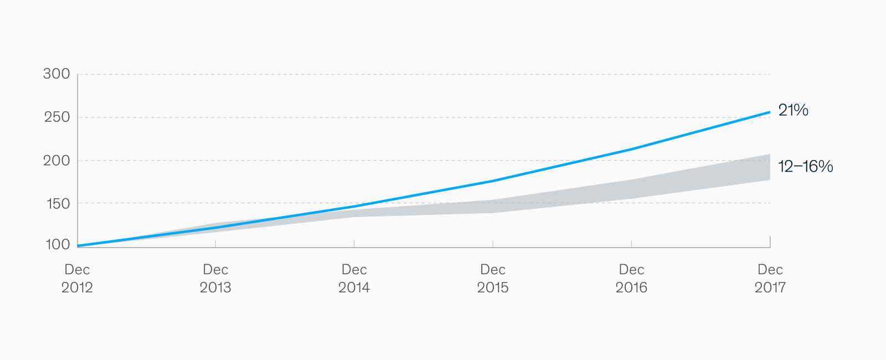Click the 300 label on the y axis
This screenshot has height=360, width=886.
(56, 74)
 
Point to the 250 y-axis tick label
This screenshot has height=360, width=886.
(57, 117)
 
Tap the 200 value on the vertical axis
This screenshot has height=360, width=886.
(56, 161)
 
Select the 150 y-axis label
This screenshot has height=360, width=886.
(58, 204)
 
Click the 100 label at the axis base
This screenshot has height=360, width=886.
(58, 244)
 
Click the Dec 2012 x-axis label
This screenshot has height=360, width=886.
(77, 279)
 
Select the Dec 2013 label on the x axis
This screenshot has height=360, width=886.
(215, 279)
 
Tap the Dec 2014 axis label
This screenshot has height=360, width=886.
(354, 279)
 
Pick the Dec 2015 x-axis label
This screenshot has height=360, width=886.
(493, 279)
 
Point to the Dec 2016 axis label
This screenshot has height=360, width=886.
(631, 279)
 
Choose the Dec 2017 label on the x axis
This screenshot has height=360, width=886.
(770, 279)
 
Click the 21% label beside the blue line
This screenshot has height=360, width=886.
(793, 110)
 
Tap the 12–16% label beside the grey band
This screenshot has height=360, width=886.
(805, 166)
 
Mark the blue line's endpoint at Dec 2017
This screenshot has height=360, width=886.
(769, 112)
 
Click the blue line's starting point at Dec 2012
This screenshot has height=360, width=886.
(78, 245)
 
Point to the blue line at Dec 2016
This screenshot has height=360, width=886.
(631, 149)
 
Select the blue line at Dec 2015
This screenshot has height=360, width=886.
(493, 181)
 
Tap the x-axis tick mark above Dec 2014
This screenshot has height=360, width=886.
(354, 244)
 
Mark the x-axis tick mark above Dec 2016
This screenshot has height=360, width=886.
(631, 244)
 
